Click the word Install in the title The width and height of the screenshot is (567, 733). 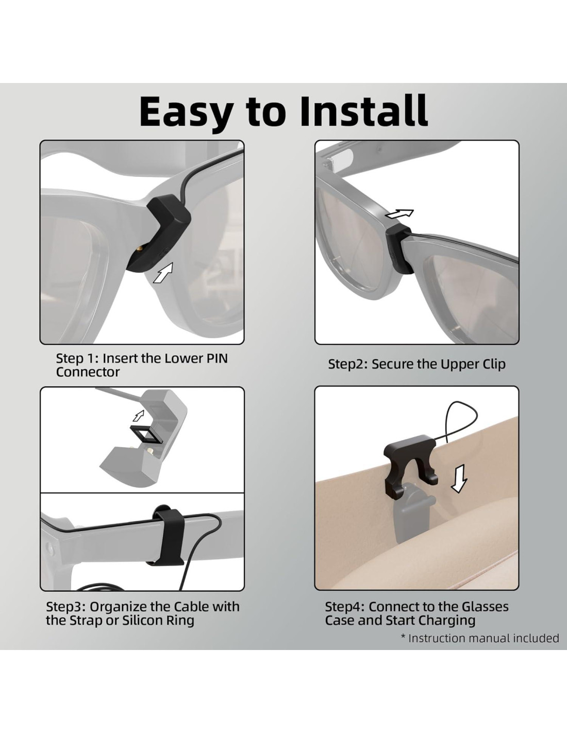(364, 111)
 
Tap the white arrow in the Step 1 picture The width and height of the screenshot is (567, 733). (163, 273)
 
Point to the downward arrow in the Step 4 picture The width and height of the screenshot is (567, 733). (459, 478)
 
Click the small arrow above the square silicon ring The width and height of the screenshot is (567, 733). (138, 415)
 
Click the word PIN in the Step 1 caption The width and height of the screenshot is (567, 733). (216, 358)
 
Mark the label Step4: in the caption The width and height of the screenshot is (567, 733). (345, 607)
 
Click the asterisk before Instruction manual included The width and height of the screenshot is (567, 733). (403, 636)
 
